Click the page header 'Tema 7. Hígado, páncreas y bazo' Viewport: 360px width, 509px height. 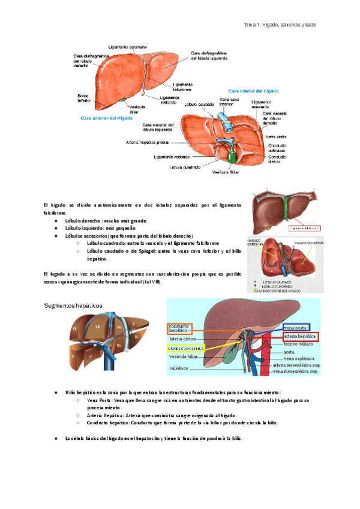[x=279, y=25]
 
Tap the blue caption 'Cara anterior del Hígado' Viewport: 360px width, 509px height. [x=107, y=119]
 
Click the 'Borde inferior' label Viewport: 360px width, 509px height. [x=84, y=98]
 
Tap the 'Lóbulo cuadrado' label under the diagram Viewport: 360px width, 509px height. [x=185, y=167]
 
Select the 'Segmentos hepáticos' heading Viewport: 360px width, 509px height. [x=73, y=305]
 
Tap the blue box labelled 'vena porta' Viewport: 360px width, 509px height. [x=296, y=328]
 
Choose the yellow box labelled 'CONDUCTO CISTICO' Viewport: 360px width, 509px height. [x=186, y=348]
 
